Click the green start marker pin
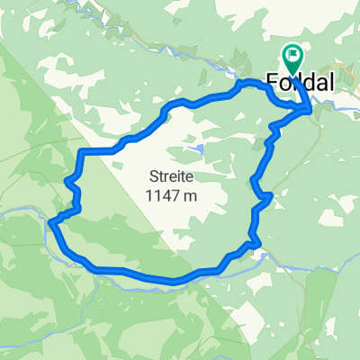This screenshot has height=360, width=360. [x=293, y=58]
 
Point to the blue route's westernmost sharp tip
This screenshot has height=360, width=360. [x=51, y=221]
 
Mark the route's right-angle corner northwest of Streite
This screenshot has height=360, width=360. [x=83, y=152]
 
